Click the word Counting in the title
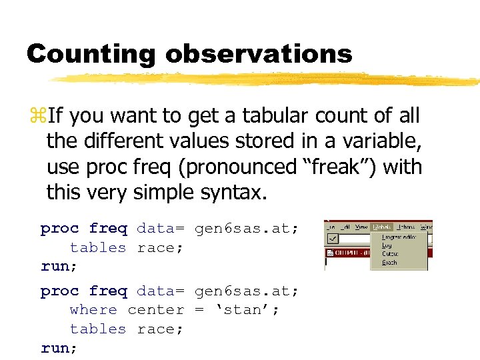[x=92, y=53]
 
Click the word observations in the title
[x=259, y=53]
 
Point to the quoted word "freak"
[x=322, y=167]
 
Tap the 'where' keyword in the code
[x=93, y=310]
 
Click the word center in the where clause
[x=155, y=310]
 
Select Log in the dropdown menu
[x=387, y=245]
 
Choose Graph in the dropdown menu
[x=389, y=263]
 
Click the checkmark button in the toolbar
[x=331, y=238]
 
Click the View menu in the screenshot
[x=361, y=227]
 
